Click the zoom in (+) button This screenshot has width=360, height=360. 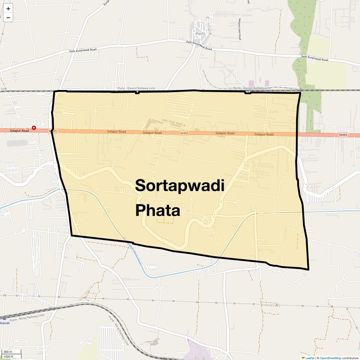[x=8, y=9]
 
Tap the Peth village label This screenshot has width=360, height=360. [x=200, y=34]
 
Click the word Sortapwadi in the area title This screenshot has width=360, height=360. [x=180, y=186]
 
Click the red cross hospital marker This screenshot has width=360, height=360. [x=34, y=128]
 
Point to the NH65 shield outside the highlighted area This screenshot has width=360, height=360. [x=343, y=135]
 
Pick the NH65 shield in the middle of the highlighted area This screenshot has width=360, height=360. [x=184, y=133]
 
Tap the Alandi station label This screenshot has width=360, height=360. [x=5, y=323]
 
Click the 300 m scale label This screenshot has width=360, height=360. [x=8, y=352]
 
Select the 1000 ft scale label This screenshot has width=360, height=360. [x=8, y=356]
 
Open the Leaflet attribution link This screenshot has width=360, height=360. [x=310, y=358]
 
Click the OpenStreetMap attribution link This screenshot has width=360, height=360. [x=331, y=358]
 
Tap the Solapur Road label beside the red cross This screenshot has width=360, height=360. [x=19, y=131]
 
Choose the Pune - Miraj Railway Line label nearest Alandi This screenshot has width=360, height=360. [x=27, y=318]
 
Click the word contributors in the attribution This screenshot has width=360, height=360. [x=350, y=358]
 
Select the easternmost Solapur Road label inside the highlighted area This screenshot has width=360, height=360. [x=264, y=134]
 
